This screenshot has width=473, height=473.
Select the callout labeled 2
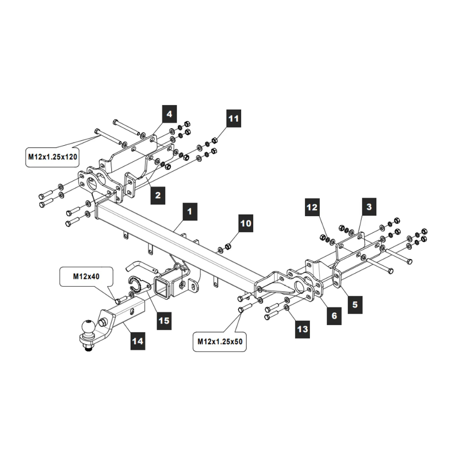pyautogui.click(x=158, y=194)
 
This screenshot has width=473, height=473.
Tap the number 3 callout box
pyautogui.click(x=369, y=207)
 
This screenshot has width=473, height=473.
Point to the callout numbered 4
pyautogui.click(x=169, y=114)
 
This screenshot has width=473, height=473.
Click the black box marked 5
pyautogui.click(x=355, y=304)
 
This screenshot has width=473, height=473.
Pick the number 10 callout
pyautogui.click(x=246, y=223)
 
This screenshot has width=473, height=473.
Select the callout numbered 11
pyautogui.click(x=233, y=118)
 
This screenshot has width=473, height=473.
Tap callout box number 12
pyautogui.click(x=312, y=207)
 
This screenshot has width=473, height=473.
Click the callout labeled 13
pyautogui.click(x=303, y=329)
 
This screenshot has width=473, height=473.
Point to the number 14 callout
pyautogui.click(x=137, y=340)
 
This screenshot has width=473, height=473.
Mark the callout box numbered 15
pyautogui.click(x=164, y=321)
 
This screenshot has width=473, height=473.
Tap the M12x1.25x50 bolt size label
pyautogui.click(x=220, y=342)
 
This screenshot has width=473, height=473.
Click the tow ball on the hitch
pyautogui.click(x=88, y=327)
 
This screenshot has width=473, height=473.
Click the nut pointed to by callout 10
pyautogui.click(x=228, y=246)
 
